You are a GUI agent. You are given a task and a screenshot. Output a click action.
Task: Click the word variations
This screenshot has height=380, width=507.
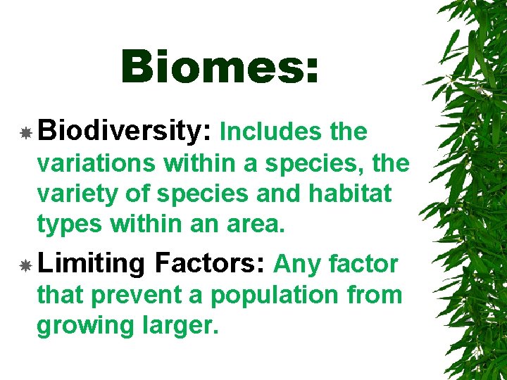pyautogui.click(x=97, y=163)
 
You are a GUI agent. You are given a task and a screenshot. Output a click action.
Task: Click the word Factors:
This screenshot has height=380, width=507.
pyautogui.click(x=210, y=264)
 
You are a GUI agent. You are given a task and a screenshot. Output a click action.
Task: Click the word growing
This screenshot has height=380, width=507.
pyautogui.click(x=79, y=326)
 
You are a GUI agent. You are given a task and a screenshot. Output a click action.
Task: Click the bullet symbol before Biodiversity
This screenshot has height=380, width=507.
pyautogui.click(x=25, y=132)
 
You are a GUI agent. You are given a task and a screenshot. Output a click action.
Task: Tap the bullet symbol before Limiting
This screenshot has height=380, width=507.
pyautogui.click(x=25, y=265)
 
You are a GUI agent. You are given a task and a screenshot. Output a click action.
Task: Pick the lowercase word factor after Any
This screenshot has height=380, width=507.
pyautogui.click(x=363, y=265)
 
